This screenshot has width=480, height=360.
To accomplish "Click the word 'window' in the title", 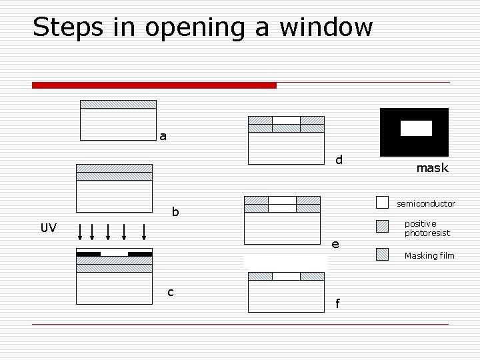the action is click(x=326, y=27).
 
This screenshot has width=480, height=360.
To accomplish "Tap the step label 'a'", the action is click(x=163, y=137).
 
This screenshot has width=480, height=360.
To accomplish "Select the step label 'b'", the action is click(x=175, y=212).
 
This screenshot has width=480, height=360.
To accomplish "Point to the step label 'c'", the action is click(x=171, y=292).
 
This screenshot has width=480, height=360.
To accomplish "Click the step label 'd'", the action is click(x=339, y=160).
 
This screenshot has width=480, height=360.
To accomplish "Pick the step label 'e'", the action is click(x=335, y=244).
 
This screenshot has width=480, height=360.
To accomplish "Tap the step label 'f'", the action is click(x=337, y=304).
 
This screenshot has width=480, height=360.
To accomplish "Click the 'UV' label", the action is click(x=49, y=228).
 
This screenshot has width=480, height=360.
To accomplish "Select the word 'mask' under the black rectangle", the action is click(x=432, y=168).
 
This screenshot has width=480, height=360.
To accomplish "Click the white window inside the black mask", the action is click(x=416, y=128).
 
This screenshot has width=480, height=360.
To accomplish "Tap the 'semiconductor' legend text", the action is click(x=426, y=203).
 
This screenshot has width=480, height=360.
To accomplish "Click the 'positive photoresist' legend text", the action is click(x=427, y=228).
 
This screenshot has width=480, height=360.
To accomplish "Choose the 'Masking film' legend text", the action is click(x=429, y=255).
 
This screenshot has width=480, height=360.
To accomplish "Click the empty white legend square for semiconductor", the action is click(x=382, y=202).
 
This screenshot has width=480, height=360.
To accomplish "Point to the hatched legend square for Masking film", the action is click(x=382, y=254).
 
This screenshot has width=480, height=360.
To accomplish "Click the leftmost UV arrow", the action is click(x=81, y=231).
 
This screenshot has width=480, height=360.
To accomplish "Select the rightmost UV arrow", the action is click(x=144, y=231).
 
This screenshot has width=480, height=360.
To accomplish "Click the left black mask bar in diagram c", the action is click(x=88, y=253).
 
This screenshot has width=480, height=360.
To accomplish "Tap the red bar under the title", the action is click(x=154, y=85).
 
